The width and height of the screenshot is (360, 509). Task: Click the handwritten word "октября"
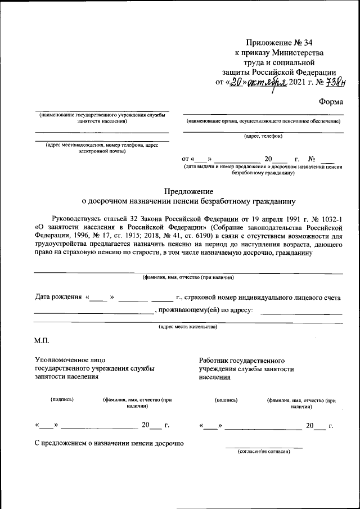coord(267,83)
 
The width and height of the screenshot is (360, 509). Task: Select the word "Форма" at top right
coord(331,102)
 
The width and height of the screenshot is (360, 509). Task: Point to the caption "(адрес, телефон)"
coord(263,136)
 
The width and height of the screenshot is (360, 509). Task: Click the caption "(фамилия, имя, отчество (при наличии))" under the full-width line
coord(188,277)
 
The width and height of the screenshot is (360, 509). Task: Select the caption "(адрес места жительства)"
coord(188,326)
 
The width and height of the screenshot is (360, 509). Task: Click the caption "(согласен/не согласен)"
coord(264,451)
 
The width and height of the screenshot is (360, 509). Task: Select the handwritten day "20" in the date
coord(239,83)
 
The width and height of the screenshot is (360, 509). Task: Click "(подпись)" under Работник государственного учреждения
coord(226,400)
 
